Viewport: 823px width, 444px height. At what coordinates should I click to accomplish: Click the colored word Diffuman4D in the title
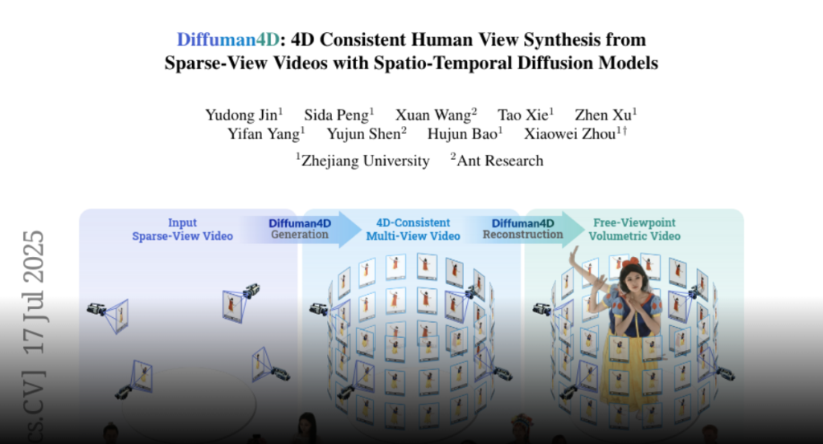pyautogui.click(x=227, y=40)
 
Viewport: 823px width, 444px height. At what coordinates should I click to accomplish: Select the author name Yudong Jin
pyautogui.click(x=241, y=115)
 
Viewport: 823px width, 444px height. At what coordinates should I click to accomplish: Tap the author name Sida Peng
pyautogui.click(x=337, y=115)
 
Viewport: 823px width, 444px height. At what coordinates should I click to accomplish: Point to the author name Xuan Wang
pyautogui.click(x=433, y=115)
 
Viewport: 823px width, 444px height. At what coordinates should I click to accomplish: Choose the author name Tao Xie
pyautogui.click(x=522, y=115)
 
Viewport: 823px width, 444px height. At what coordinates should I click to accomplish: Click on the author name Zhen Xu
pyautogui.click(x=603, y=115)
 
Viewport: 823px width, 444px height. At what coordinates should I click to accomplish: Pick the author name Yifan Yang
pyautogui.click(x=264, y=134)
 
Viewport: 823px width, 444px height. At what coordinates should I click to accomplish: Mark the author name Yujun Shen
pyautogui.click(x=364, y=134)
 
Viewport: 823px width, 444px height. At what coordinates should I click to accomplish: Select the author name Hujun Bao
pyautogui.click(x=462, y=134)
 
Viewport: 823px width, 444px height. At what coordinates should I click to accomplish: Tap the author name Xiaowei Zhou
pyautogui.click(x=570, y=134)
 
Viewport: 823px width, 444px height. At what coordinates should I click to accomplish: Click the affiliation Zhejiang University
pyautogui.click(x=366, y=161)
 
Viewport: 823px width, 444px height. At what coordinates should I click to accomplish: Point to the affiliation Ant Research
pyautogui.click(x=500, y=161)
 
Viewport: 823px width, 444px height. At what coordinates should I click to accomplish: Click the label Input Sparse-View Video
pyautogui.click(x=182, y=230)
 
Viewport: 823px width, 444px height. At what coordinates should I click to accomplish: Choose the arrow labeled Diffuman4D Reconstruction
pyautogui.click(x=525, y=229)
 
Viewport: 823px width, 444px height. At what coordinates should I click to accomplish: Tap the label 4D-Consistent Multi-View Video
pyautogui.click(x=413, y=230)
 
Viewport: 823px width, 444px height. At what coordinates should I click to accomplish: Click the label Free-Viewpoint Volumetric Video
pyautogui.click(x=635, y=230)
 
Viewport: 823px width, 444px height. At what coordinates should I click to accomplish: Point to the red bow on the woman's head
pyautogui.click(x=633, y=260)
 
